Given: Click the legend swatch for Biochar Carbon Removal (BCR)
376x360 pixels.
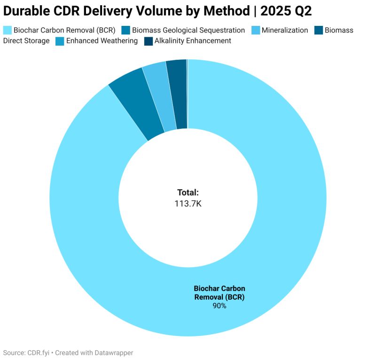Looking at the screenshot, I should (8, 30).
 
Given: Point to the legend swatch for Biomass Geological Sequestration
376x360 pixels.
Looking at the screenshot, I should (125, 30).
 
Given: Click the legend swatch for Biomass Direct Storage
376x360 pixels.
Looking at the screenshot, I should (320, 30).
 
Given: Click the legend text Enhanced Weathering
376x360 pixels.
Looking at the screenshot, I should (102, 41).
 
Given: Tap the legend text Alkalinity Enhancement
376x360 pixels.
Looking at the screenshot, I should (193, 41).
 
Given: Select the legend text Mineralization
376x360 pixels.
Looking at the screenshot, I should (285, 30).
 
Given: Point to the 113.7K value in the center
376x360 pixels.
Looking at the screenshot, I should (188, 203).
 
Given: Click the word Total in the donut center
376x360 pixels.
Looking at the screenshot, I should (188, 192).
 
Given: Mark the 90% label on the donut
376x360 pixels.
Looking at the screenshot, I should (219, 306).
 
